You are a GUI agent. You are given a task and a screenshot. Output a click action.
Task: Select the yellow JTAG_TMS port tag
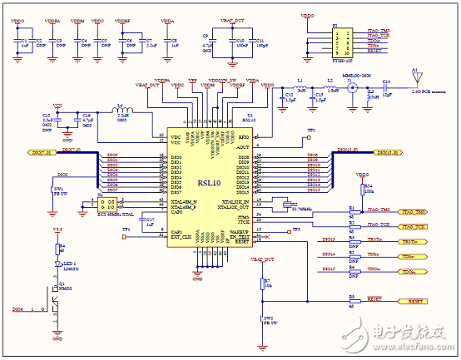[415, 212]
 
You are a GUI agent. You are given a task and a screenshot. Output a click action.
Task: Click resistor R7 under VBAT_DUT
[262, 284]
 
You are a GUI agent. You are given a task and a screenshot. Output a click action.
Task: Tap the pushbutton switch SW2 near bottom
[262, 319]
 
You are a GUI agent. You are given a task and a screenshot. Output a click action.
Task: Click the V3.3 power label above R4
[57, 229]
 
